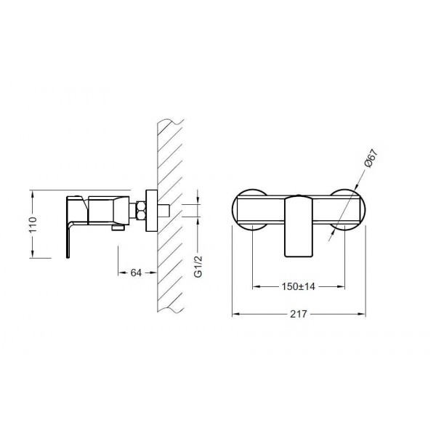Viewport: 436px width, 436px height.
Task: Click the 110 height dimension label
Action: click(x=33, y=225)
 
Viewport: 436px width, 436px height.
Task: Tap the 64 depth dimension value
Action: click(x=136, y=272)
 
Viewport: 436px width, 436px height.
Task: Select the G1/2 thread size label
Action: click(x=198, y=267)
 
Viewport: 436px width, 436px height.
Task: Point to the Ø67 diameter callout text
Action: click(x=371, y=158)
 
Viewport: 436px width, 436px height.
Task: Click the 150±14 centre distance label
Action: click(x=299, y=286)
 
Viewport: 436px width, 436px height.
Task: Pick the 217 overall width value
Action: click(x=299, y=314)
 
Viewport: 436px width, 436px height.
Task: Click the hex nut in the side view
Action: click(x=141, y=211)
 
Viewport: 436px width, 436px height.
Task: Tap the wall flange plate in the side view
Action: click(x=152, y=211)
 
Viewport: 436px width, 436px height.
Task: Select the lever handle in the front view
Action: click(x=299, y=225)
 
